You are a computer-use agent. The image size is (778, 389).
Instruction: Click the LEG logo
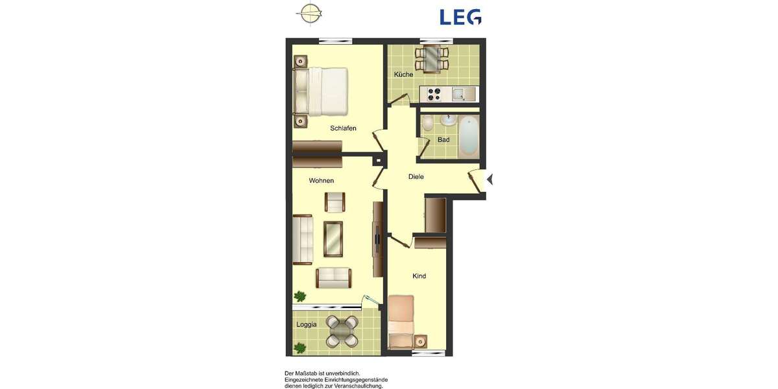[x=460, y=16]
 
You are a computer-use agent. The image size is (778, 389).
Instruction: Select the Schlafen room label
[x=343, y=128]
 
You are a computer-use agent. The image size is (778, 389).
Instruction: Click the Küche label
[x=403, y=75]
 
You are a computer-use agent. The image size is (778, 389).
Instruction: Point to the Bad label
[x=443, y=140]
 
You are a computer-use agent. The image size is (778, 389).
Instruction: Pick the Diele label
[x=416, y=176]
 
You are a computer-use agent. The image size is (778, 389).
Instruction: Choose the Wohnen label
[x=322, y=180]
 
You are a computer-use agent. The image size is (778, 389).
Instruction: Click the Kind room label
[x=419, y=276]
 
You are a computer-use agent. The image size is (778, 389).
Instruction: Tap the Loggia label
[x=307, y=325]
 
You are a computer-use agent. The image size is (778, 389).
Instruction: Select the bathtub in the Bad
[x=468, y=136]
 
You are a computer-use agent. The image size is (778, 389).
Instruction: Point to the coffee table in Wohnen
[x=333, y=239]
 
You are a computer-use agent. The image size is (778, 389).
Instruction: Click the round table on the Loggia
[x=342, y=331]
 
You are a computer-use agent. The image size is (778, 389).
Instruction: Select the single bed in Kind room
[x=401, y=321]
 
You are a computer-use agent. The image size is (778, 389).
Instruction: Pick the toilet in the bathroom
[x=428, y=123]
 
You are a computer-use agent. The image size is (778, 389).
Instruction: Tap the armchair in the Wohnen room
[x=335, y=202]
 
